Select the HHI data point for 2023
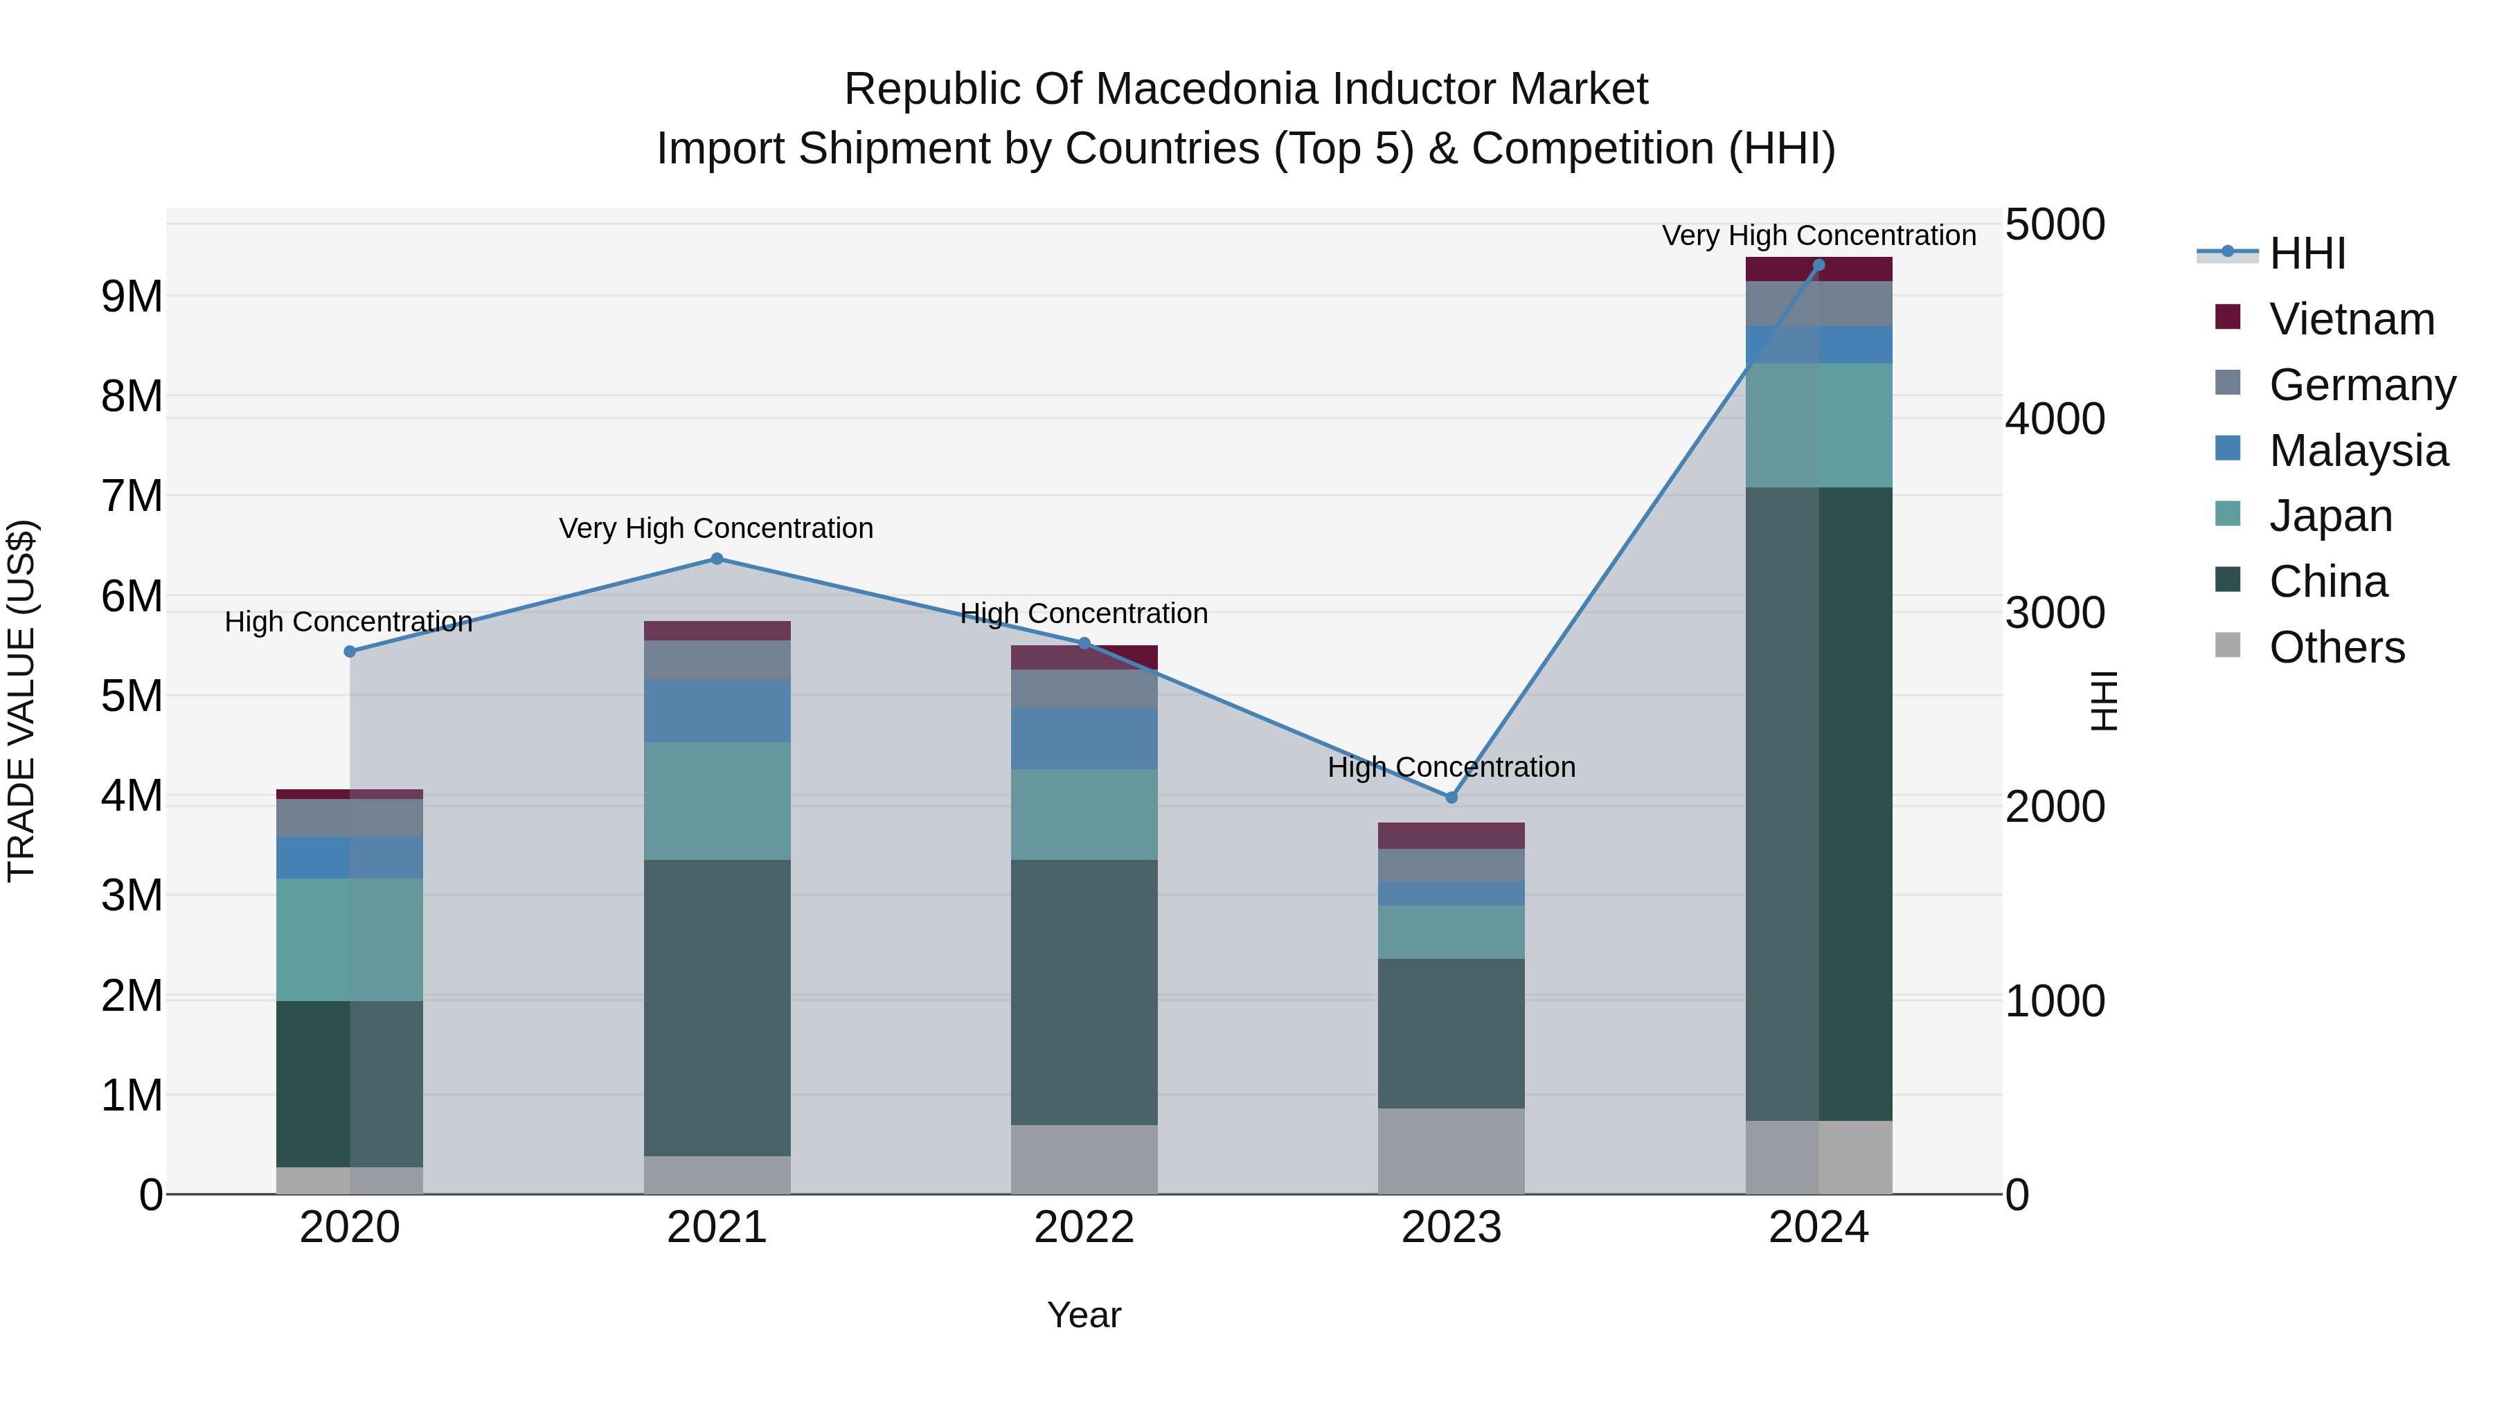pos(1451,798)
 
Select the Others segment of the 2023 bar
pos(1451,1151)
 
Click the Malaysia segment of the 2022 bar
pos(1084,738)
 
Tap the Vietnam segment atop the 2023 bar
pos(1451,835)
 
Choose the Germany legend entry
pos(2361,385)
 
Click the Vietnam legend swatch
pos(2227,317)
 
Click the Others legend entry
pos(2336,647)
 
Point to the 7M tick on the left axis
pos(132,496)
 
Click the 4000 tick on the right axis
pos(2054,419)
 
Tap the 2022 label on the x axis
pos(1084,1228)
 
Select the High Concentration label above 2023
pos(1451,767)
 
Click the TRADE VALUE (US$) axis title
pos(22,701)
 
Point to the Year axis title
pos(1084,1315)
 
